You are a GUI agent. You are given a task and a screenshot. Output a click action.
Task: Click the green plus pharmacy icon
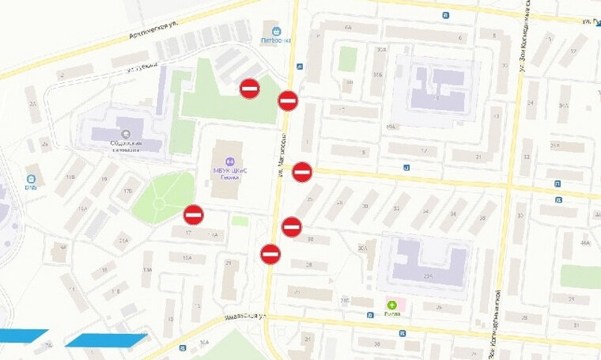391,304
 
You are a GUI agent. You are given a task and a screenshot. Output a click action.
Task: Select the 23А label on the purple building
428,277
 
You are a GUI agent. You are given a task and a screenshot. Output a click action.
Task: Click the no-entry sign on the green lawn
250,88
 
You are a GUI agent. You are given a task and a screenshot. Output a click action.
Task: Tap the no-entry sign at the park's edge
194,214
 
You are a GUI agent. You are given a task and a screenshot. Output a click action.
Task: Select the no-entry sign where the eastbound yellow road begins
302,171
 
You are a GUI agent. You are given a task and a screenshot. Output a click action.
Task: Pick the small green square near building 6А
348,59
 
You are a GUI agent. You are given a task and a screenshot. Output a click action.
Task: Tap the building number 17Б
127,191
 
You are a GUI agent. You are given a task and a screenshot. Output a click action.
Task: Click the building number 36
453,214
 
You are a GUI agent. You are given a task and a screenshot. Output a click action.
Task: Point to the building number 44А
585,244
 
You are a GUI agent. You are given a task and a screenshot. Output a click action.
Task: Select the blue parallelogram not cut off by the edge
106,339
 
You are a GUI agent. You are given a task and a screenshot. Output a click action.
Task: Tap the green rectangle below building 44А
581,276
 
